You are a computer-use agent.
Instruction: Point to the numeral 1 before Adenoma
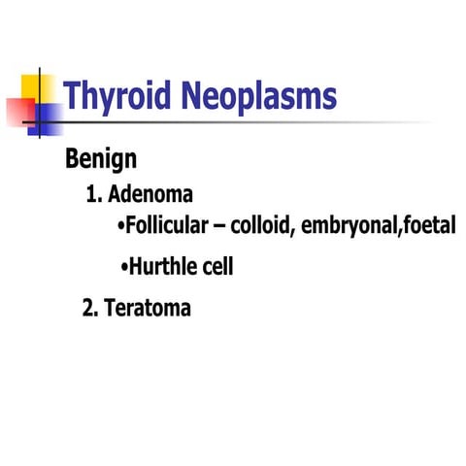92,193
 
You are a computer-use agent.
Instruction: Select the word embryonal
351,227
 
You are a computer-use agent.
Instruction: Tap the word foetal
426,227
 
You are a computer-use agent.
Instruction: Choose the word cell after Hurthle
216,266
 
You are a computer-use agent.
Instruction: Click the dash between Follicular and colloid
230,228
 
